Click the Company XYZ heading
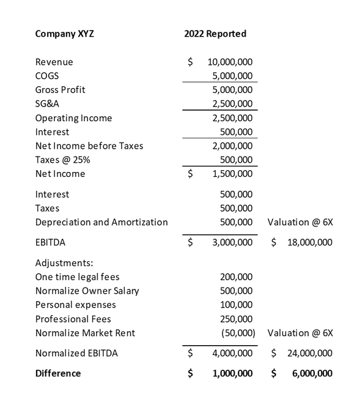tap(65, 34)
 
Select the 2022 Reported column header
tap(215, 34)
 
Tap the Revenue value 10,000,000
tap(230, 62)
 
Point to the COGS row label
tap(47, 76)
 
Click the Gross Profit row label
tap(60, 90)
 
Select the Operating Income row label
tap(73, 118)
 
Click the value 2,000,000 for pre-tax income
tap(232, 146)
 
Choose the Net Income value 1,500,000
tap(232, 174)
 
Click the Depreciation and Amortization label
tap(101, 222)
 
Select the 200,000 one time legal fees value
tap(236, 277)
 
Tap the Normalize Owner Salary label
tap(87, 291)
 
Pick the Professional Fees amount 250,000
tap(236, 319)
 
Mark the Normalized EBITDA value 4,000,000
tap(232, 353)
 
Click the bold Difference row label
tap(58, 373)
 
